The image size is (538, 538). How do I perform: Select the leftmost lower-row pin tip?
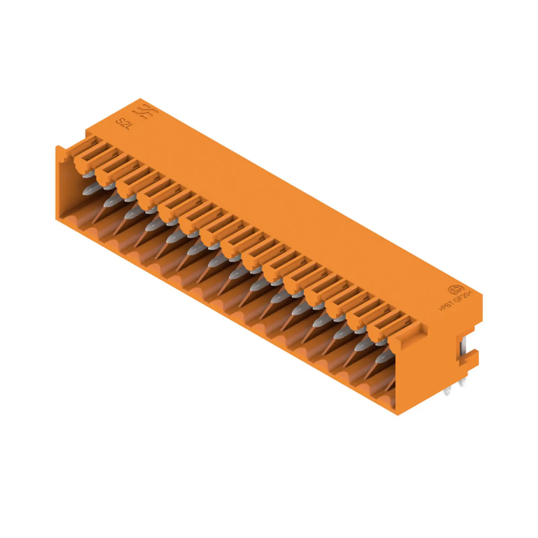(89, 190)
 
